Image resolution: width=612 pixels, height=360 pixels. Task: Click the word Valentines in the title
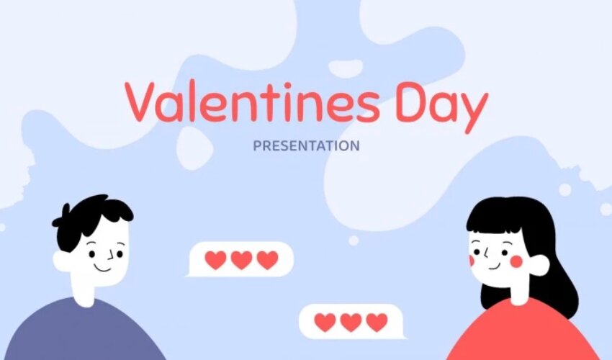tap(252, 102)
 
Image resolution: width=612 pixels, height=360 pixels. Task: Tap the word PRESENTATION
tap(307, 145)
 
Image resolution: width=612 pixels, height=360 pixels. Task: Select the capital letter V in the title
tap(140, 102)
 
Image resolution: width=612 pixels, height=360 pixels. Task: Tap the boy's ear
tap(62, 261)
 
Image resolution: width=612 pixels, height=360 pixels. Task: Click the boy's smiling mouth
tap(102, 269)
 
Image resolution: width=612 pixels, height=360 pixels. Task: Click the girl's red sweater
tap(523, 332)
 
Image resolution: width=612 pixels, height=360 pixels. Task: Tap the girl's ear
tap(540, 265)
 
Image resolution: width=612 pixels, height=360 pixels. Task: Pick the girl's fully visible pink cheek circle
tap(516, 261)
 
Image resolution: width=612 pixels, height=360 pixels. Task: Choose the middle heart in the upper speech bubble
tap(242, 260)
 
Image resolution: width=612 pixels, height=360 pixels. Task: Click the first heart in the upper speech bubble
tap(215, 260)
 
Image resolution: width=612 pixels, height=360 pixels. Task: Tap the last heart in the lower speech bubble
tap(377, 323)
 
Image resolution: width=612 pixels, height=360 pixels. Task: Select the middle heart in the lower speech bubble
tap(351, 323)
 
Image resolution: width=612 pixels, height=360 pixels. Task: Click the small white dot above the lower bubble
tap(354, 240)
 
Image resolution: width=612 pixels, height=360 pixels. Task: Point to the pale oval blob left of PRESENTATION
tap(194, 148)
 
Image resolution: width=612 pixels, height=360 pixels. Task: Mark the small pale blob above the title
tap(346, 68)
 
